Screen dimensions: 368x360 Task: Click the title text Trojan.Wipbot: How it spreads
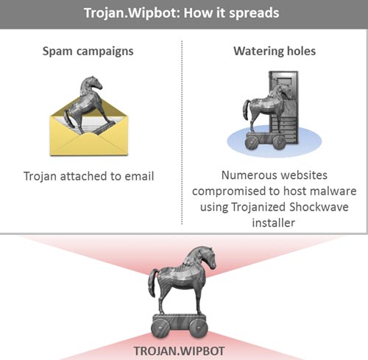(182, 13)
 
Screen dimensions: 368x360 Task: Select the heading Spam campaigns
(88, 52)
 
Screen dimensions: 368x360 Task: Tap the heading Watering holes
(275, 51)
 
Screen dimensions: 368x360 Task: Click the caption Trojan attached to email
(89, 177)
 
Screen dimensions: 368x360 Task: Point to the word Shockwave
(319, 207)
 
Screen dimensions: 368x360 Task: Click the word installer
(274, 223)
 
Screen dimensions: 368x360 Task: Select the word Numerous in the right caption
(248, 175)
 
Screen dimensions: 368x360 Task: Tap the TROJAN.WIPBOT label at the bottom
(179, 351)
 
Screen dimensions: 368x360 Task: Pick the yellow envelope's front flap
(89, 144)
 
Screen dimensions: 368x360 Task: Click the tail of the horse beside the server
(246, 110)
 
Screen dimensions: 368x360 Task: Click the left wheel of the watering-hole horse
(252, 142)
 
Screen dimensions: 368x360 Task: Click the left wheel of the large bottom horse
(160, 328)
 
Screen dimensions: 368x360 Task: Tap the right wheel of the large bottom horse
(199, 328)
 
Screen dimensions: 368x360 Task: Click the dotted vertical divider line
(182, 133)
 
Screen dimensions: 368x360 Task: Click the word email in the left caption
(139, 177)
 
